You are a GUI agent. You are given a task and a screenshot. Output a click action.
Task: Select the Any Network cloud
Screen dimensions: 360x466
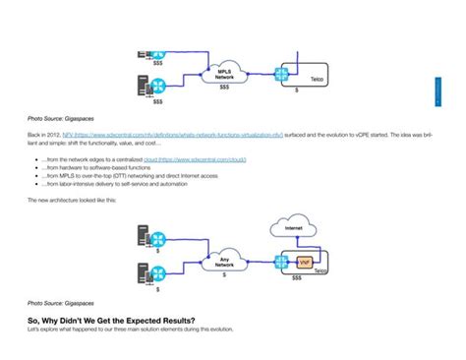pos(224,262)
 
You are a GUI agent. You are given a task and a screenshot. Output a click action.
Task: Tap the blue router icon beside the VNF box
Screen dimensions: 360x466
pos(282,263)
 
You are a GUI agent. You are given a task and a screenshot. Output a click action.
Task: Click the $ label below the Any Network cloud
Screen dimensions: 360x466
pos(224,276)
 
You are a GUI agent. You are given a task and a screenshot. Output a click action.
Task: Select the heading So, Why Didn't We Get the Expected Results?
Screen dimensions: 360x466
pos(110,319)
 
